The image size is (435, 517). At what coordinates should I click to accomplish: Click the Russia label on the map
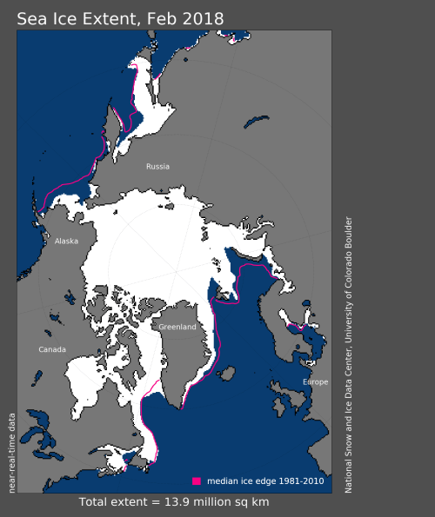pyautogui.click(x=157, y=166)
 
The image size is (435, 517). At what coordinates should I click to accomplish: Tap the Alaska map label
pyautogui.click(x=66, y=242)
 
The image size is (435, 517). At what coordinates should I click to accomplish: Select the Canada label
pyautogui.click(x=52, y=349)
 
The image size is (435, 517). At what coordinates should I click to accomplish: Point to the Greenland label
pyautogui.click(x=177, y=327)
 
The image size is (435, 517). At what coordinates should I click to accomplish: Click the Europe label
pyautogui.click(x=316, y=382)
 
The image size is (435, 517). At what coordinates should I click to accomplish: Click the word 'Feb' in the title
pyautogui.click(x=168, y=17)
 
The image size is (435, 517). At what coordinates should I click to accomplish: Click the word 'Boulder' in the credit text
pyautogui.click(x=348, y=234)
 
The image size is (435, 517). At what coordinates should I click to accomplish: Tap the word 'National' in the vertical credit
pyautogui.click(x=348, y=474)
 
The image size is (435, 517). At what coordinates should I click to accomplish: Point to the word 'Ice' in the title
pyautogui.click(x=63, y=17)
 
